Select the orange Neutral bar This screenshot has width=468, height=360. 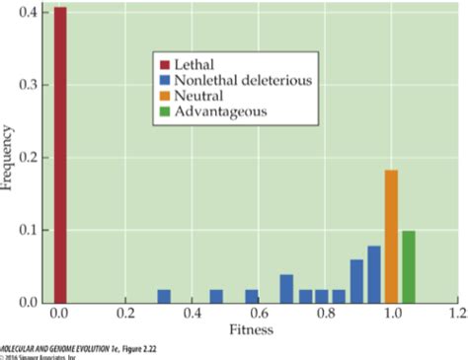point(391,237)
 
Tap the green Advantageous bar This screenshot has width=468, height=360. point(408,266)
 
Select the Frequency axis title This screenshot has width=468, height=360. point(9,158)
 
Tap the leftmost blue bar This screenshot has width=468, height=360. point(164,296)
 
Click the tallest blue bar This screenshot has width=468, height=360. point(374,274)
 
